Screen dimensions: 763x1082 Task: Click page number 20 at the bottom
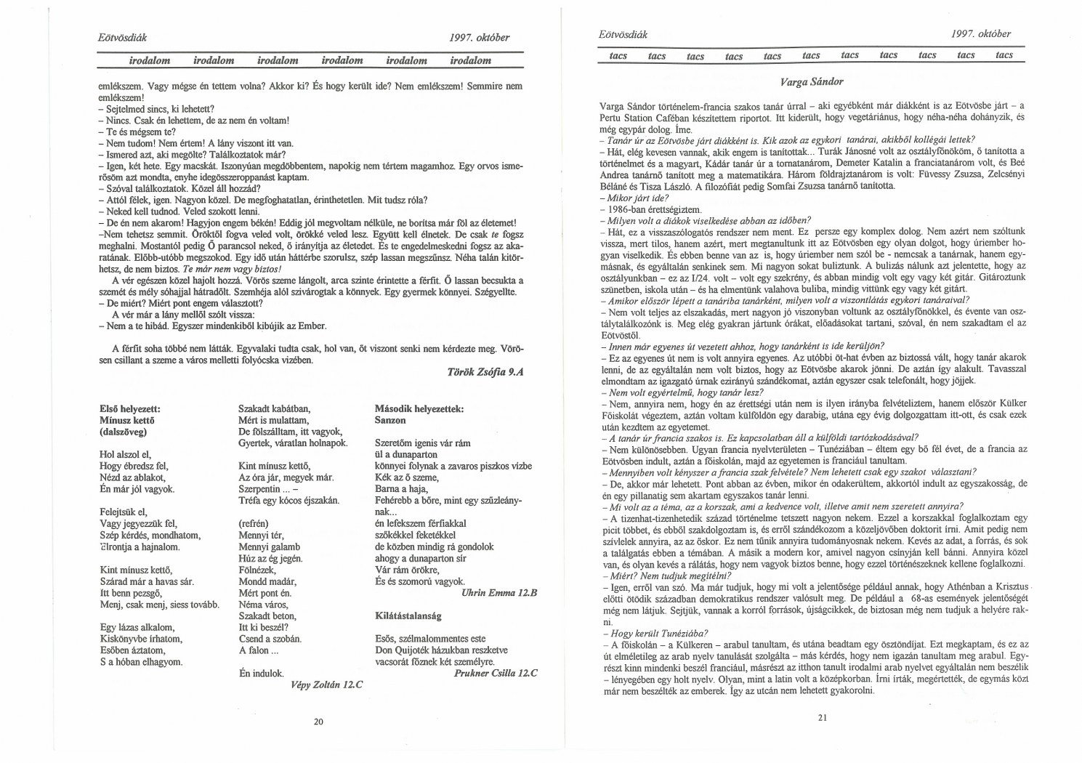coord(318,722)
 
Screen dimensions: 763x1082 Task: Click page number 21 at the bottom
coord(823,717)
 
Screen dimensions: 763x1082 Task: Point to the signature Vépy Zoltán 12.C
coord(326,685)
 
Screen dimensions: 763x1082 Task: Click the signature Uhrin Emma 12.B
coord(498,593)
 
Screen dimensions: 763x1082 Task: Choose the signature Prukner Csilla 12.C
coord(495,673)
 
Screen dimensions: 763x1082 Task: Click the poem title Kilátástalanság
coord(408,615)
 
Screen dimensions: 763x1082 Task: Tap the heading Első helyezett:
coord(129,408)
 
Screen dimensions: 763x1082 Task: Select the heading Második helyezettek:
coord(419,408)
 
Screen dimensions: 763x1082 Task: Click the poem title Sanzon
coord(390,420)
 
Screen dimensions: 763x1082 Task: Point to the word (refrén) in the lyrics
coord(254,523)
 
